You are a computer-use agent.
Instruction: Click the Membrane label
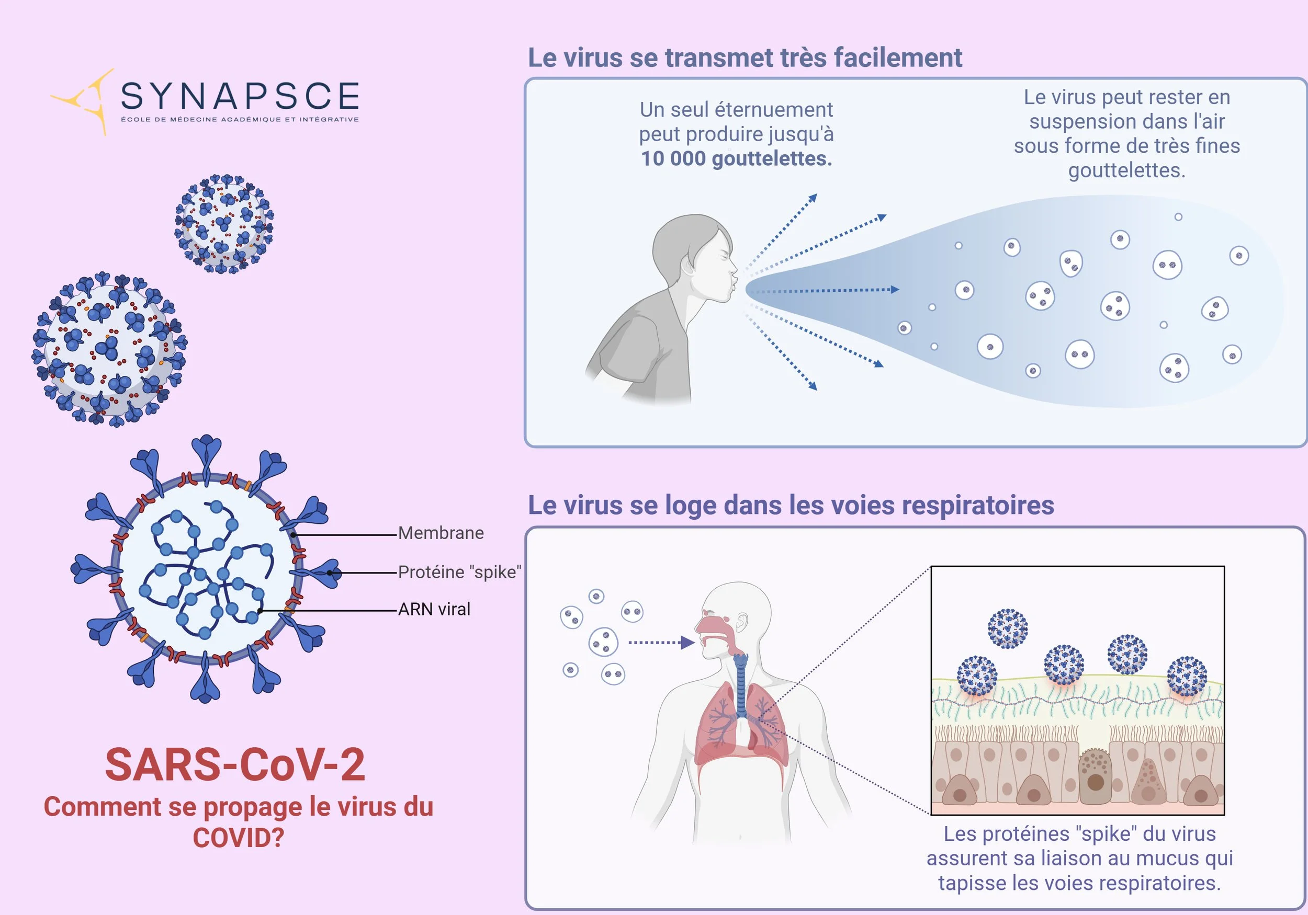[441, 533]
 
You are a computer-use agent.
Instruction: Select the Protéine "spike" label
[459, 571]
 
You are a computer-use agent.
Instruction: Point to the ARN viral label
[434, 609]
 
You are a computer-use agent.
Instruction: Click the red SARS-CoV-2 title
[235, 765]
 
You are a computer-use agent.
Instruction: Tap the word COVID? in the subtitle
[238, 838]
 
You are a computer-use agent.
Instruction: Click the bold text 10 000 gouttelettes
[736, 158]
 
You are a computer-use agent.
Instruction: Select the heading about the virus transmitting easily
[745, 58]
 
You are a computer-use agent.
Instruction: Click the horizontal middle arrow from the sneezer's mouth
[826, 290]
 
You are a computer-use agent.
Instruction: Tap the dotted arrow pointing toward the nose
[661, 642]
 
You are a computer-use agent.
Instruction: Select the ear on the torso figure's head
[742, 622]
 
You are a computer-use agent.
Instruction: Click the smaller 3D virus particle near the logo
[224, 223]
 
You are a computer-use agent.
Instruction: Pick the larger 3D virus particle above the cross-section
[109, 348]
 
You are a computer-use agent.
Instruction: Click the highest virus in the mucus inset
[1007, 628]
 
